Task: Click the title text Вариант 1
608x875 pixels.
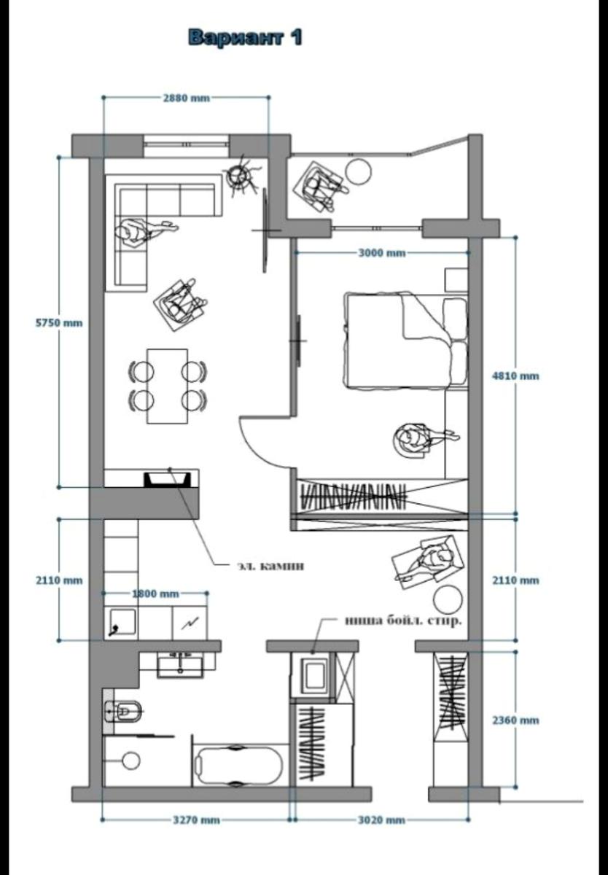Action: coord(245,37)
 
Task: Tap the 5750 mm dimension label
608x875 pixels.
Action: coord(59,322)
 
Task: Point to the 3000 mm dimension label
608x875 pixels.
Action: coord(382,253)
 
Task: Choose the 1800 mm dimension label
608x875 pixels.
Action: coord(155,594)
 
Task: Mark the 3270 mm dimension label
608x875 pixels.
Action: coord(196,820)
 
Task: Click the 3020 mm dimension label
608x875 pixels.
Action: coord(381,820)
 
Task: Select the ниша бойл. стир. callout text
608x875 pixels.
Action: coord(403,621)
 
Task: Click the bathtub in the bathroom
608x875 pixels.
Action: coord(238,765)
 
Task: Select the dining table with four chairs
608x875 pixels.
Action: coord(167,385)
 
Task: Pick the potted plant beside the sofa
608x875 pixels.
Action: coord(240,176)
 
